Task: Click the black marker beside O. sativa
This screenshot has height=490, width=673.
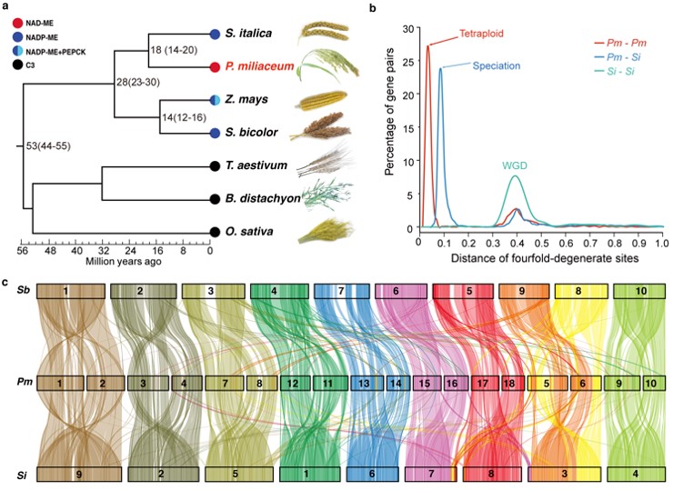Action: tap(215, 232)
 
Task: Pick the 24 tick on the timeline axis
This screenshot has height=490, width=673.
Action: tap(130, 251)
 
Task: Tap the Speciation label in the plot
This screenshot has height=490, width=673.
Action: tap(496, 66)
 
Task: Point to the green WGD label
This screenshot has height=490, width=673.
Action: tap(516, 165)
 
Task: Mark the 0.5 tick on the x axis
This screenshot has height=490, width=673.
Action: tap(538, 244)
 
